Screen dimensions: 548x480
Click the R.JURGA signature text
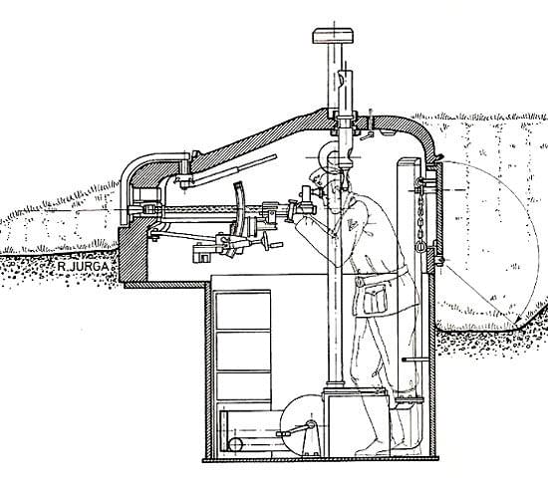83,267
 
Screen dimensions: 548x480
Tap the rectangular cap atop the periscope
334,36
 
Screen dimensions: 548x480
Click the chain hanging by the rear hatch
420,217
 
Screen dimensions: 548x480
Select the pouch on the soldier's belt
375,299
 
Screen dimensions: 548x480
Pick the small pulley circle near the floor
235,444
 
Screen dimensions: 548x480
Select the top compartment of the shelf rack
243,311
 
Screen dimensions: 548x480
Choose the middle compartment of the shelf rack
243,351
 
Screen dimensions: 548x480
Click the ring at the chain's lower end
420,247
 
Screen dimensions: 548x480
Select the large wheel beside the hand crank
303,424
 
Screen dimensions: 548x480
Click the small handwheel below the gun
267,241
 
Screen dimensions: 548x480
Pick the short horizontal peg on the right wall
414,360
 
